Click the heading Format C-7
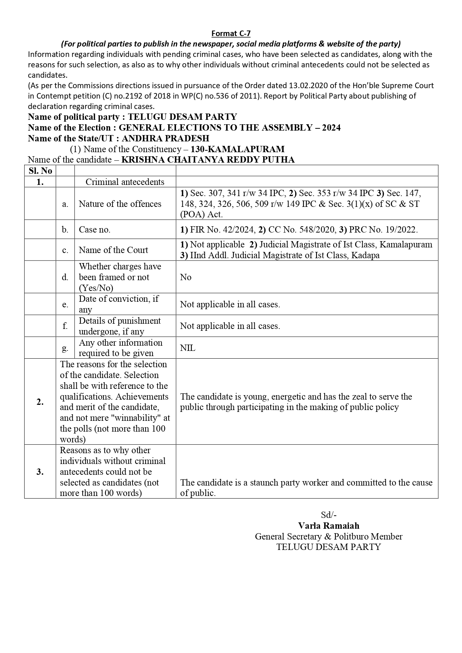pos(231,33)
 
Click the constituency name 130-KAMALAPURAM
pos(238,149)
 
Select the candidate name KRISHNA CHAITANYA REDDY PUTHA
pos(208,160)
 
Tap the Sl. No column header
pos(40,171)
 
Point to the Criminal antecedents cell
pos(125,182)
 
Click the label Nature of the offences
pos(120,204)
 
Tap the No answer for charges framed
pos(186,277)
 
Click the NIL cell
pos(188,348)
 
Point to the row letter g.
pos(65,348)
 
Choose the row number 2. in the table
pos(40,402)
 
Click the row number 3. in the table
pos(40,472)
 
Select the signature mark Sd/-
pos(329,515)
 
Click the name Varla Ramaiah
pos(329,526)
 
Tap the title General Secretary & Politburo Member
pos(329,537)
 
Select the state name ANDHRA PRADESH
pos(165,138)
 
